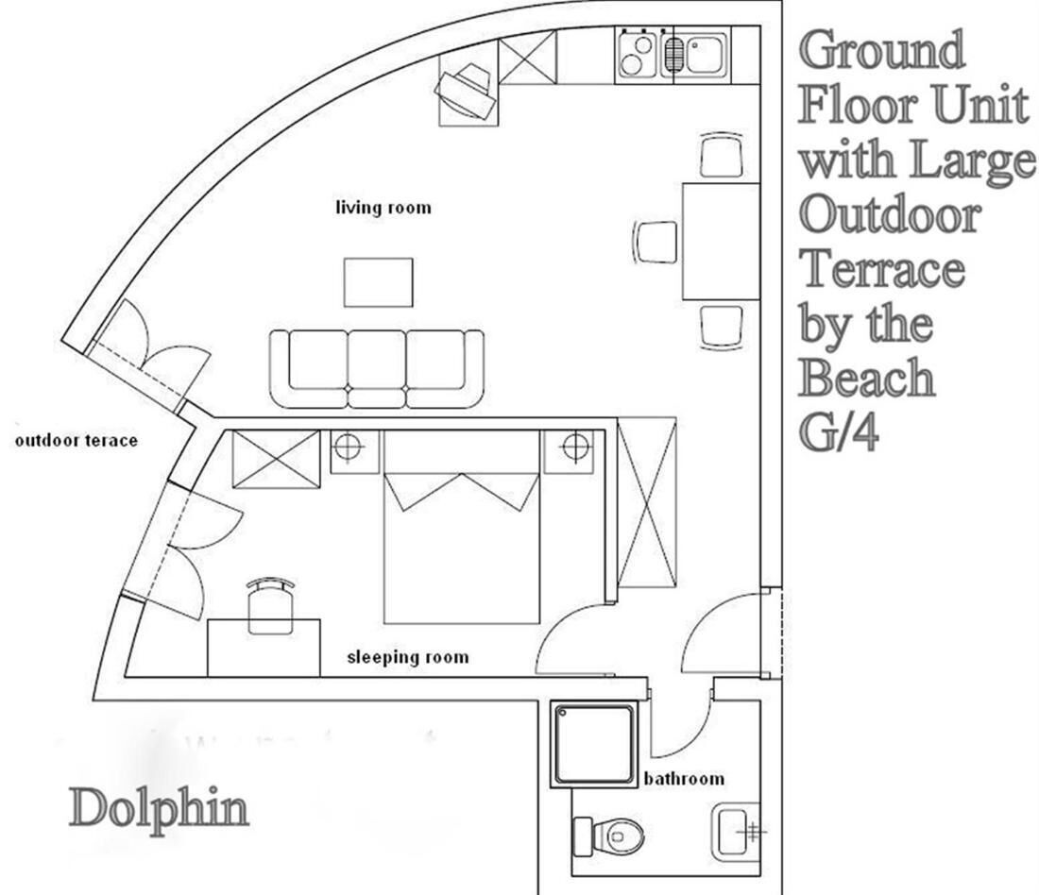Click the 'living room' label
coord(383,207)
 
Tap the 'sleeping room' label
coord(408,657)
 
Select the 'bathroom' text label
coord(684,779)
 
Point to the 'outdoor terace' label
coord(77,441)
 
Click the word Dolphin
coord(160,809)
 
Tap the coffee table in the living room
coord(378,281)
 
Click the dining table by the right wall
coord(721,241)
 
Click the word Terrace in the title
coord(883,269)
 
